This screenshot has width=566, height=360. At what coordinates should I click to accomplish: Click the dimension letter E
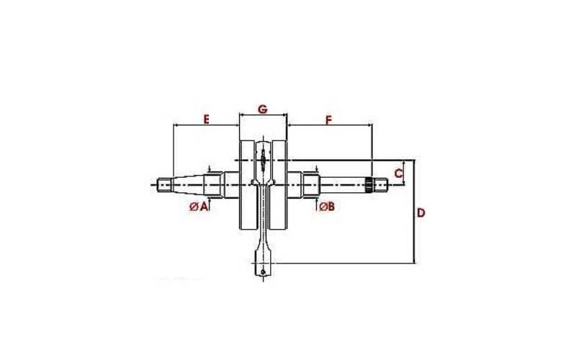[205, 119]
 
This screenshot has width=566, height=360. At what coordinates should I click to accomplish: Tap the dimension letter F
[328, 119]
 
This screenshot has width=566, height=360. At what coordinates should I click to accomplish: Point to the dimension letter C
[398, 174]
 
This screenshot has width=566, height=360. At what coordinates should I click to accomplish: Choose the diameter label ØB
[326, 207]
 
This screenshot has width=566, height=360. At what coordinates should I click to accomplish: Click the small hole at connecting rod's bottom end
[264, 271]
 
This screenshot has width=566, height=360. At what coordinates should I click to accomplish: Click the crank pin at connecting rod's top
[264, 158]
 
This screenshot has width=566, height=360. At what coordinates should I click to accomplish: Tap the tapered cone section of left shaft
[189, 184]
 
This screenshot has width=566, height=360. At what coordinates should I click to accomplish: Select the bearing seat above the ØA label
[212, 184]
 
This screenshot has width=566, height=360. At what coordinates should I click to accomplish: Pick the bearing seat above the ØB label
[311, 184]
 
